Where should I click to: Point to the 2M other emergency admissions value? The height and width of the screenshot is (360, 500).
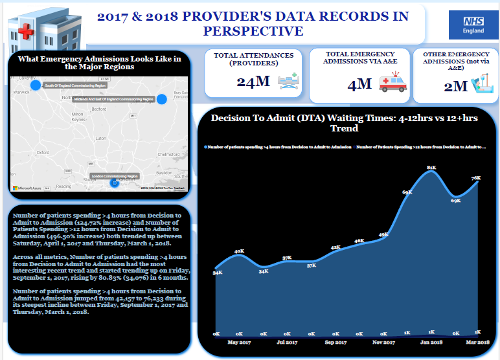455,85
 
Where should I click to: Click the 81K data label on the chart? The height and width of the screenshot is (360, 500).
431,168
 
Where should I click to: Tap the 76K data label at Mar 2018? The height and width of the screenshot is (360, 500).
476,178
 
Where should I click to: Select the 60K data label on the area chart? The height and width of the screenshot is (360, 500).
407,192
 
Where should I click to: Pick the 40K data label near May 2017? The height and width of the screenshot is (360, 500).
239,251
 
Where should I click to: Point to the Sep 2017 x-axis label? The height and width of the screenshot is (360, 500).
335,341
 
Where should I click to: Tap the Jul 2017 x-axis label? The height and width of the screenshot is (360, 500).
287,341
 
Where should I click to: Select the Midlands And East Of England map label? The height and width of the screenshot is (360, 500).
113,99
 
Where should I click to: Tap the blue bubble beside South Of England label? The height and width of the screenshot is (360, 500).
36,84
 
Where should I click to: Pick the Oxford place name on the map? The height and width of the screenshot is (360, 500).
43,153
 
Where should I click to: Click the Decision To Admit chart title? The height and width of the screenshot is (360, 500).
345,123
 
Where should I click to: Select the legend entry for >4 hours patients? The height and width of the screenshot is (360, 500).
279,147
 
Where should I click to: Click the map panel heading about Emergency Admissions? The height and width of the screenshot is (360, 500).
99,62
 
